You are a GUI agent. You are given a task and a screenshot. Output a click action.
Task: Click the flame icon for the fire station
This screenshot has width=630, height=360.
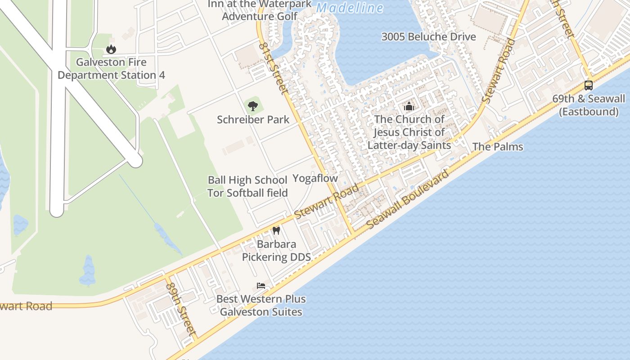[111, 49]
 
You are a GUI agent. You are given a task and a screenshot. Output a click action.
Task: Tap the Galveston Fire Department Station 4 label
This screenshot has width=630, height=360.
[111, 68]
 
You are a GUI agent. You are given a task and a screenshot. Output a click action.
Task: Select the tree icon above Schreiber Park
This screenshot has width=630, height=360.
[253, 106]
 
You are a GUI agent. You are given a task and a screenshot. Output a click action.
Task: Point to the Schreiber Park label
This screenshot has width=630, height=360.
[253, 120]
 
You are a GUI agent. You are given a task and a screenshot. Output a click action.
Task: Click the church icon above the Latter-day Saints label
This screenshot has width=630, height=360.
[409, 106]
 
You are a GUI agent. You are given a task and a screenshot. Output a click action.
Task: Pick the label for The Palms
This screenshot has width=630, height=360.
[498, 147]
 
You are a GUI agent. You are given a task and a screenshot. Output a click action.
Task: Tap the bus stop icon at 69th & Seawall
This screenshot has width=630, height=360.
[588, 85]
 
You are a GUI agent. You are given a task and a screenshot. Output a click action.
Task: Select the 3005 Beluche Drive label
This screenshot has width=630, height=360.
[428, 37]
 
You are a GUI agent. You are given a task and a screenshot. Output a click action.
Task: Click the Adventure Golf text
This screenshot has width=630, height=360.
[260, 17]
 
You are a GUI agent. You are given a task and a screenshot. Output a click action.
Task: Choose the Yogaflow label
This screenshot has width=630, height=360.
[315, 178]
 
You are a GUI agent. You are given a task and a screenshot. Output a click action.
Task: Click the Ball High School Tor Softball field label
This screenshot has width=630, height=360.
[247, 186]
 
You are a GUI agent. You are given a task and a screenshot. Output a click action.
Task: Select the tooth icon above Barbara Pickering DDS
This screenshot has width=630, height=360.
[276, 231]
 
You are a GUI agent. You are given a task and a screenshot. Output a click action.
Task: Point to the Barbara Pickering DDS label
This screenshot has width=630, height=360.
[276, 251]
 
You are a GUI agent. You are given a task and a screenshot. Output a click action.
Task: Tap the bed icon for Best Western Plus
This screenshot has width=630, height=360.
[261, 285]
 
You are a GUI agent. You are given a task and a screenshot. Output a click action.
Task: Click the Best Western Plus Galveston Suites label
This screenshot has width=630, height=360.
[261, 305]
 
